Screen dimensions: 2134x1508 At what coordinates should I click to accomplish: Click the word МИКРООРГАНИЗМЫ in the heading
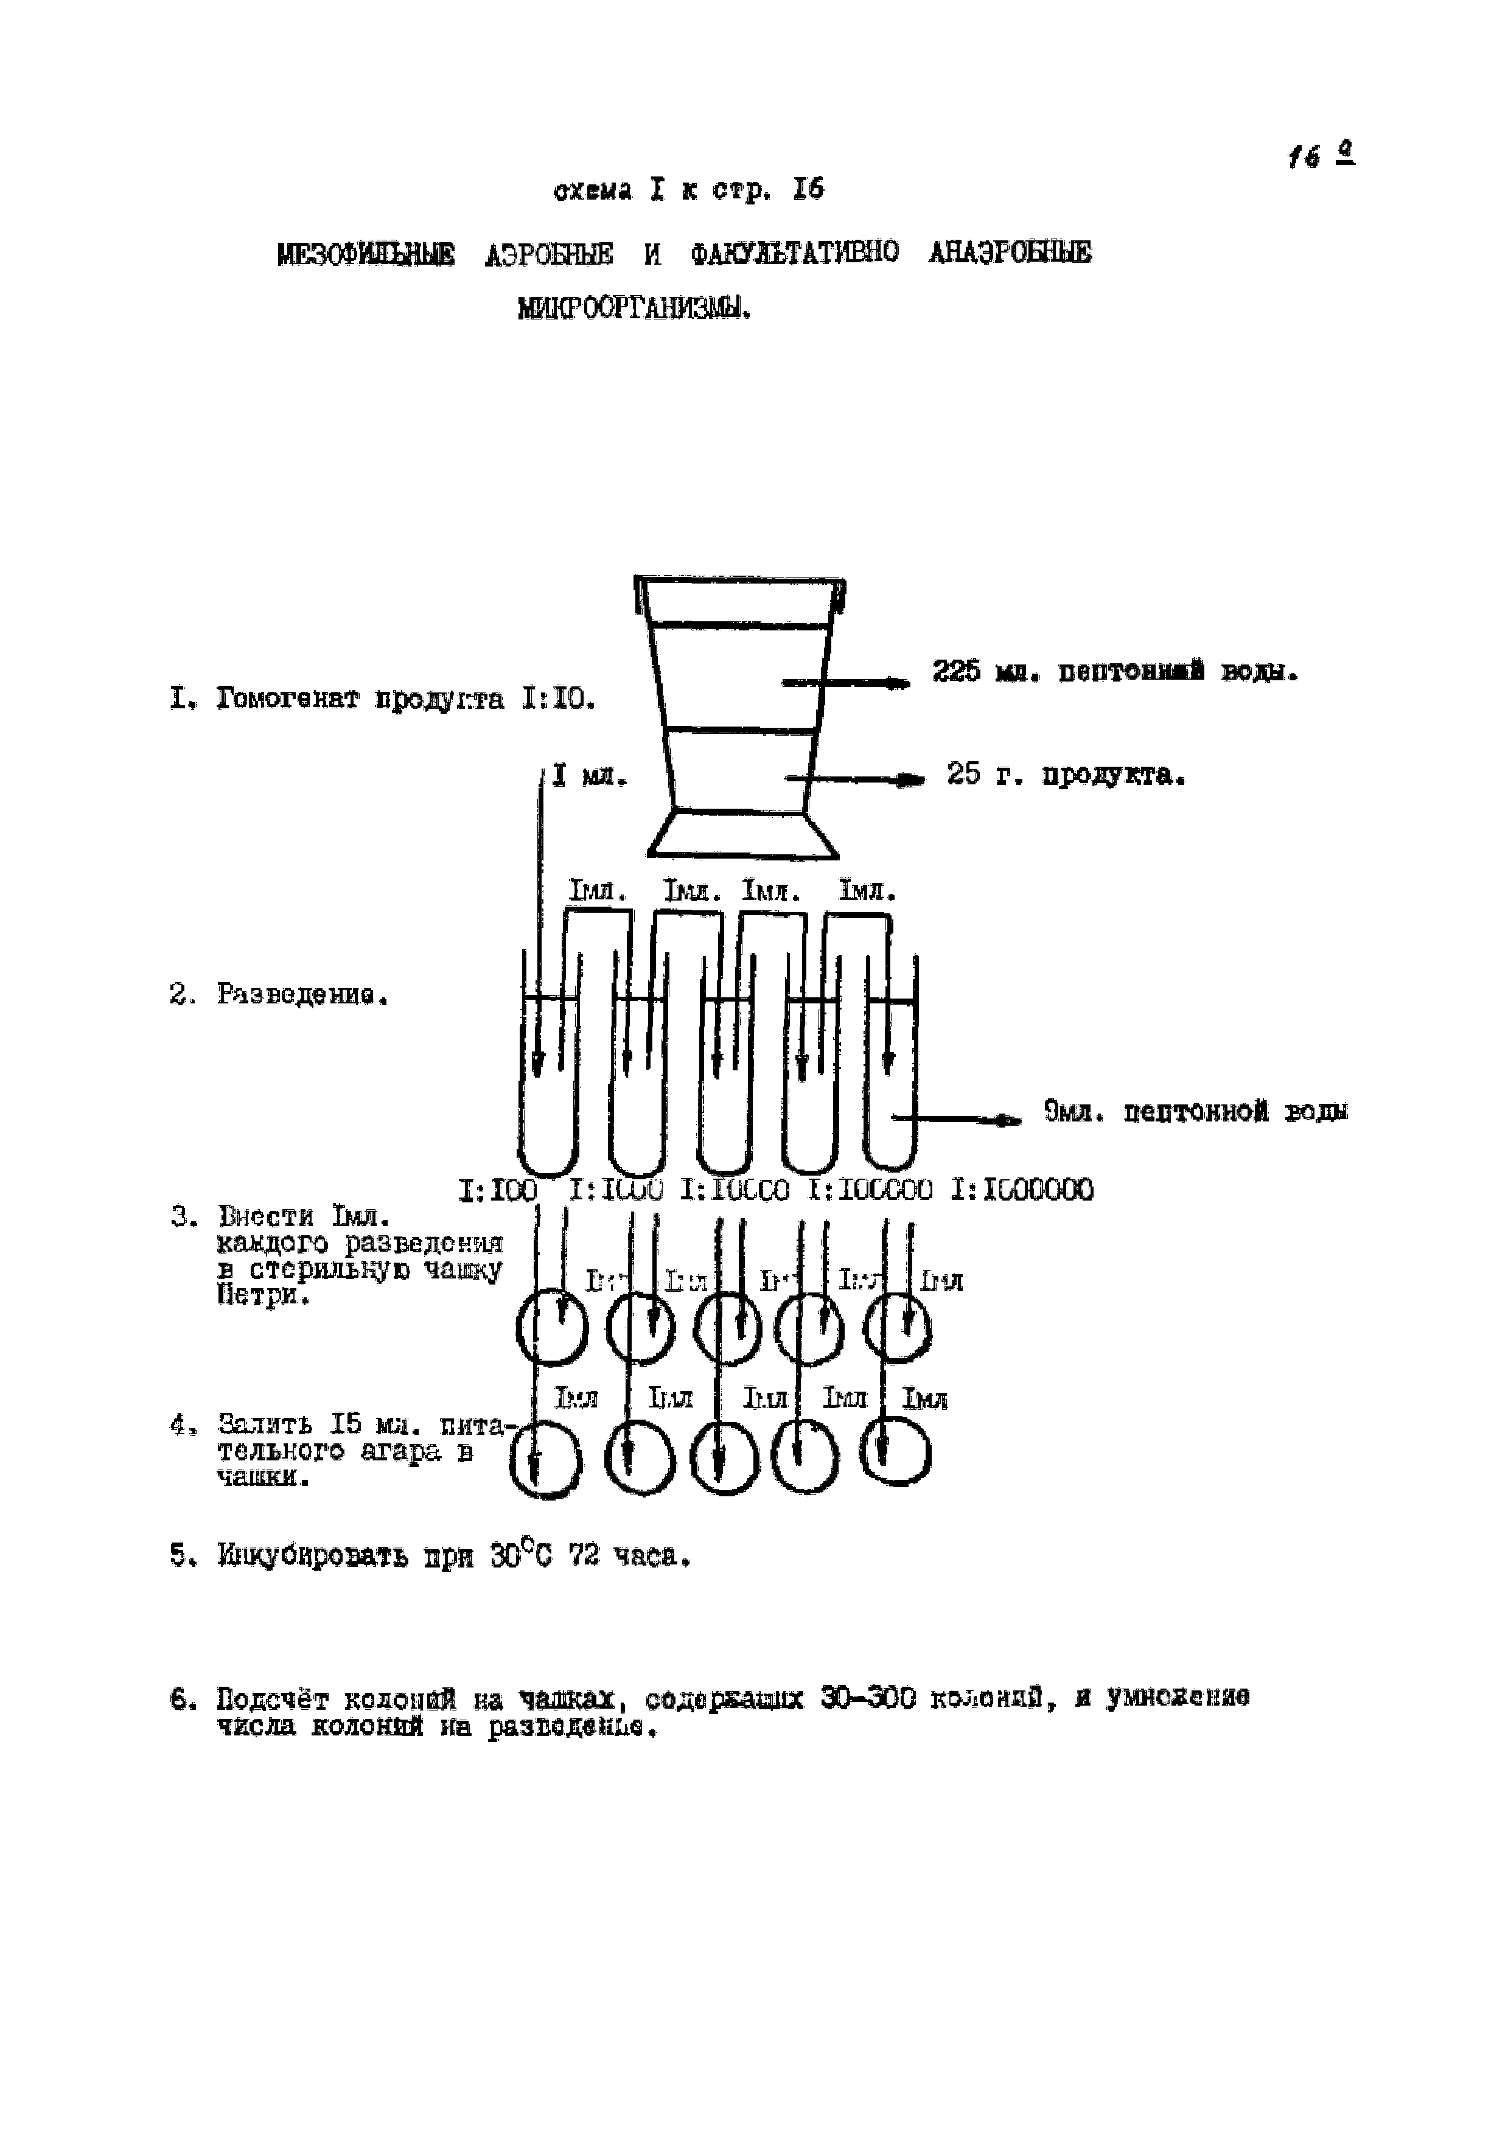coord(634,308)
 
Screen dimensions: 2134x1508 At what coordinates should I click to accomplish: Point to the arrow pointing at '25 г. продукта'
coord(856,781)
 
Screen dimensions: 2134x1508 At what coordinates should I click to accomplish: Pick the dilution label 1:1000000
coord(1023,1190)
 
